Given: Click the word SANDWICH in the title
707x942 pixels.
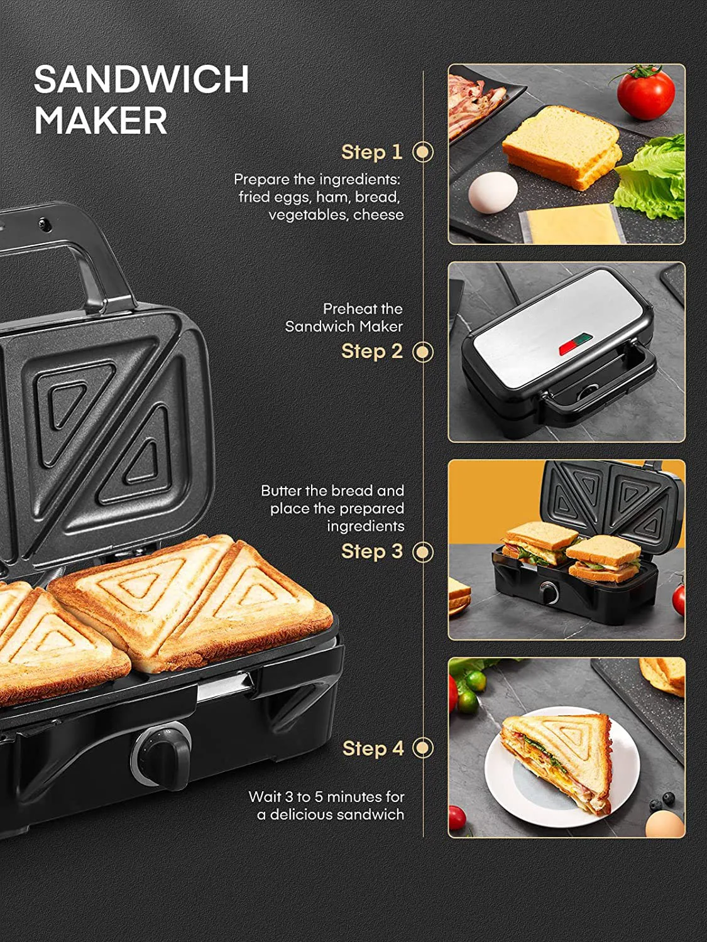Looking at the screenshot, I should pyautogui.click(x=141, y=80).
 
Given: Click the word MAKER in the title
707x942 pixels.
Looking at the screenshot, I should pyautogui.click(x=101, y=121).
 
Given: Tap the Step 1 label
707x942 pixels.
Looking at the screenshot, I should pyautogui.click(x=371, y=152).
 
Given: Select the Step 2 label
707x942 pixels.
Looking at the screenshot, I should pyautogui.click(x=371, y=352).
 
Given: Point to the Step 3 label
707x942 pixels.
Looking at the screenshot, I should pyautogui.click(x=371, y=551).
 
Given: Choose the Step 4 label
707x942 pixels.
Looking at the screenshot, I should pyautogui.click(x=373, y=749).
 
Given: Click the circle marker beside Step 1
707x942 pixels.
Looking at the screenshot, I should pyautogui.click(x=423, y=152).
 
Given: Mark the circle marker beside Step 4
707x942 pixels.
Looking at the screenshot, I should pyautogui.click(x=423, y=748).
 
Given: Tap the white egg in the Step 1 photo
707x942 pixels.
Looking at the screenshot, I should pyautogui.click(x=493, y=193).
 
